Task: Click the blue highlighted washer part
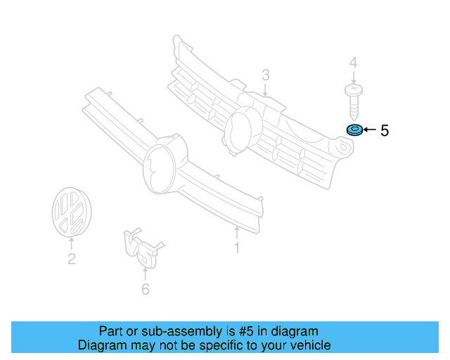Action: coord(354,130)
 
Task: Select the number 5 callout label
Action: coord(384,130)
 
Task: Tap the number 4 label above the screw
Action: coord(353,64)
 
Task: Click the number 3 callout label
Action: coord(266,75)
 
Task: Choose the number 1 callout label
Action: coord(237,247)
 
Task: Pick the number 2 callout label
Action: coord(71,259)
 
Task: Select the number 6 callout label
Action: coord(146,289)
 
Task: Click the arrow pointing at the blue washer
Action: coord(370,130)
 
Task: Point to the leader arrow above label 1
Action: coord(237,232)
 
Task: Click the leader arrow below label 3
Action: coord(266,90)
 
